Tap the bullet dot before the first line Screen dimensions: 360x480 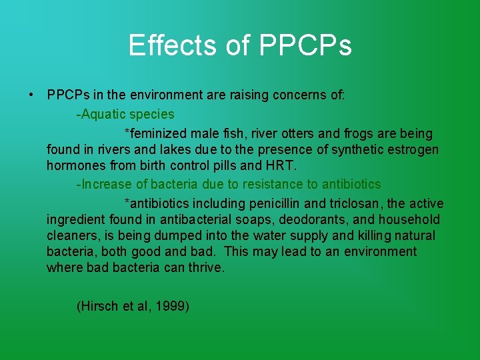32,95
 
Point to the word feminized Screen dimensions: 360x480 155,134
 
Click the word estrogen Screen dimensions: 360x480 414,149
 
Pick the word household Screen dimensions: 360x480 409,219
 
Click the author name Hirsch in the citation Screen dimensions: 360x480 99,306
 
